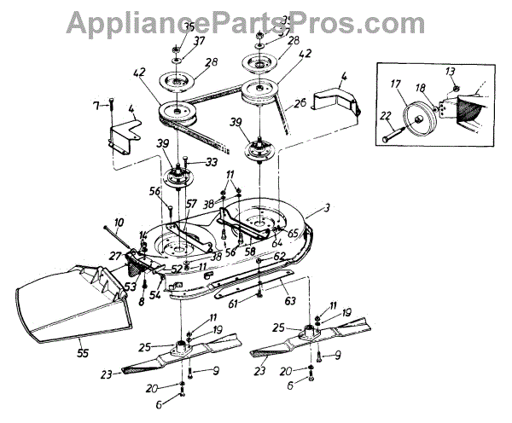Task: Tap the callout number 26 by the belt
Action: coord(300,105)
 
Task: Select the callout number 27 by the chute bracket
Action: coord(114,254)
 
